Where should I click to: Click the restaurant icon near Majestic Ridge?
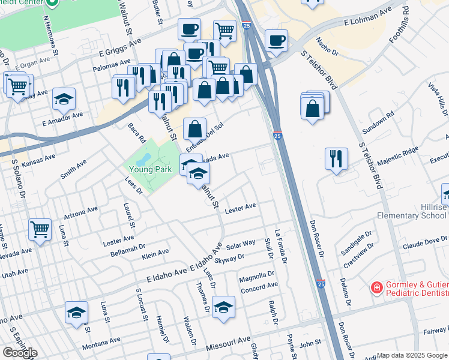336,158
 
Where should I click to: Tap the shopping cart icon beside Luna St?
40,229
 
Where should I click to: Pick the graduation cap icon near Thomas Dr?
223,307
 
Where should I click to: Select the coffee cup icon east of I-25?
276,40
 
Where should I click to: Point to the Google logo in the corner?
19,352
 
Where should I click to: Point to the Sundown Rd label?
382,120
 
